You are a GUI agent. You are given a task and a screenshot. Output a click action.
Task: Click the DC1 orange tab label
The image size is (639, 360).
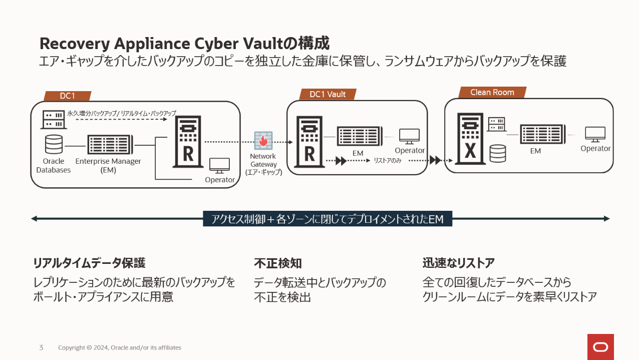pyautogui.click(x=68, y=96)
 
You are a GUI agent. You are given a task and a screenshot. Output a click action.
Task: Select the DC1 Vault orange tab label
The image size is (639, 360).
pyautogui.click(x=328, y=94)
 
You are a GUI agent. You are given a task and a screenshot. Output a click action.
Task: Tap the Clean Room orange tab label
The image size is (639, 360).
pyautogui.click(x=492, y=92)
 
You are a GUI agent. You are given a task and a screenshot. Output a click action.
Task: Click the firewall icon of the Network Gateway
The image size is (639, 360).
pyautogui.click(x=263, y=141)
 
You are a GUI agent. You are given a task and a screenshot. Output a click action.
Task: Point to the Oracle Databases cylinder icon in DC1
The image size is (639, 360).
pyautogui.click(x=54, y=145)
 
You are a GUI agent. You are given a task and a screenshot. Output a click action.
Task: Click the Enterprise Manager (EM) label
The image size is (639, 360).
pyautogui.click(x=108, y=165)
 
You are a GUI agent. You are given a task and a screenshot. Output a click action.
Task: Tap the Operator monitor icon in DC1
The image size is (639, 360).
pyautogui.click(x=219, y=165)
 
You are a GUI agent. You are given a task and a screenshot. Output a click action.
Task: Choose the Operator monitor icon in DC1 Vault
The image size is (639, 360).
pyautogui.click(x=409, y=136)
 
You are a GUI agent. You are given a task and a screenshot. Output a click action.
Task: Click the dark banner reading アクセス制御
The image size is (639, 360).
pyautogui.click(x=328, y=219)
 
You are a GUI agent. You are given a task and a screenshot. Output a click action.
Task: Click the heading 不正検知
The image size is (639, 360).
pyautogui.click(x=278, y=263)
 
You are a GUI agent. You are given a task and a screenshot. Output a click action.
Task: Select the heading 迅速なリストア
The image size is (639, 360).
pyautogui.click(x=458, y=263)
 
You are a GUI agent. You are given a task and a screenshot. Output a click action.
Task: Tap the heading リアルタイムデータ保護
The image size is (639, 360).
pyautogui.click(x=89, y=263)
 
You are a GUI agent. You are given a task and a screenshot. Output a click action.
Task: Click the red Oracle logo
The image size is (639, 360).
pyautogui.click(x=600, y=346)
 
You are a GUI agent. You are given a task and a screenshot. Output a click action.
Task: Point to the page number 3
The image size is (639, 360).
pyautogui.click(x=41, y=347)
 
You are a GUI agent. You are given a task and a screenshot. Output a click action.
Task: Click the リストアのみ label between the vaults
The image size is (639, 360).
pyautogui.click(x=388, y=161)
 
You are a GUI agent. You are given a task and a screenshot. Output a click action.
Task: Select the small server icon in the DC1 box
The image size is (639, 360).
pyautogui.click(x=53, y=120)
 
